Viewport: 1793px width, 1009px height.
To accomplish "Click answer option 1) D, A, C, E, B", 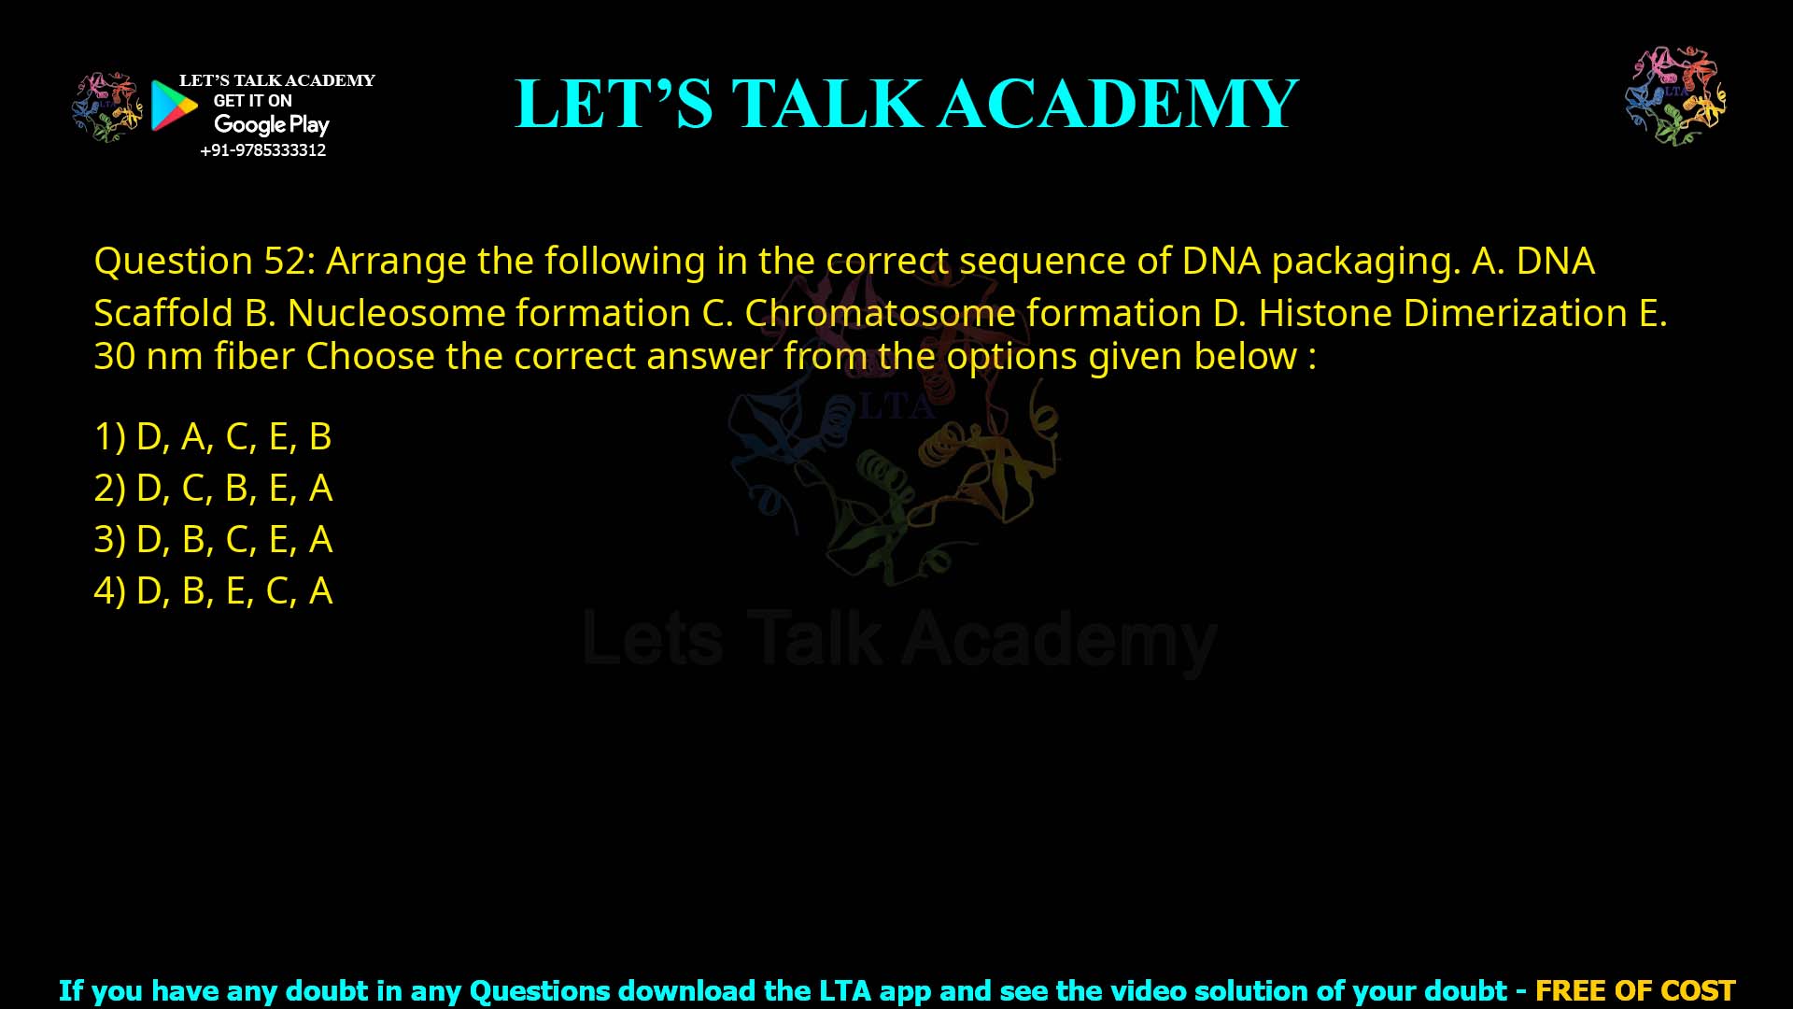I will [x=213, y=436].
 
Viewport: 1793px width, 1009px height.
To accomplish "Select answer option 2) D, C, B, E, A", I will [x=213, y=488].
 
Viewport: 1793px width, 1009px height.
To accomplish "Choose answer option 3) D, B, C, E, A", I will [x=213, y=539].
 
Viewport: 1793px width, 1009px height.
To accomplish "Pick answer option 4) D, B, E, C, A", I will [x=213, y=590].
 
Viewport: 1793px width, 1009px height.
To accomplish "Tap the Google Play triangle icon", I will [x=174, y=106].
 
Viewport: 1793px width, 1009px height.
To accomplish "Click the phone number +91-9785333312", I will [x=263, y=150].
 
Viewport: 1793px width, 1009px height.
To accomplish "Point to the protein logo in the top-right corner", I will [x=1675, y=95].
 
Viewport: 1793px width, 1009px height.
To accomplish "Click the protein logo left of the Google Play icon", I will [x=107, y=107].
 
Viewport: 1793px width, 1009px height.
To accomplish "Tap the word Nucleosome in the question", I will [x=395, y=313].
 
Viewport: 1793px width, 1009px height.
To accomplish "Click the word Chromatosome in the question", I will [x=880, y=313].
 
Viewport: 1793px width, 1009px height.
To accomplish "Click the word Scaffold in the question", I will [x=163, y=313].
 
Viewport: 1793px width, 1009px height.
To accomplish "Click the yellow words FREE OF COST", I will [x=1635, y=990].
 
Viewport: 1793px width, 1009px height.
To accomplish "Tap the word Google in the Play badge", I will [x=249, y=124].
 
